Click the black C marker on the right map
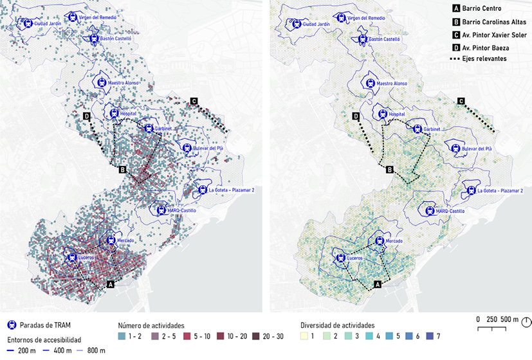point(461,101)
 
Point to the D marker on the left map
point(86,116)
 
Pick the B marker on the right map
point(390,170)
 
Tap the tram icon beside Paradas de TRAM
point(11,326)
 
